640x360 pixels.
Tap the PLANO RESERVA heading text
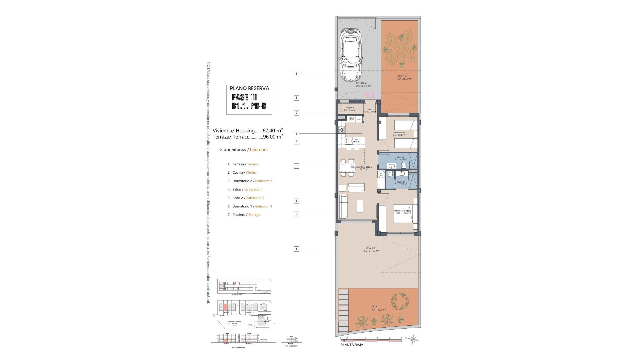pyautogui.click(x=249, y=88)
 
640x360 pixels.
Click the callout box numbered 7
pyautogui.click(x=296, y=113)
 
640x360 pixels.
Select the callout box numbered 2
pyautogui.click(x=296, y=133)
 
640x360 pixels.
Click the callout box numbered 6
pyautogui.click(x=296, y=214)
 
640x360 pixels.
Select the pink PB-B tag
pyautogui.click(x=370, y=95)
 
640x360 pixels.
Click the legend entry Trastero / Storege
pyautogui.click(x=244, y=215)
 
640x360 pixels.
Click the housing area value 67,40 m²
pyautogui.click(x=273, y=131)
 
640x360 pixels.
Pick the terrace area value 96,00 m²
pyautogui.click(x=273, y=137)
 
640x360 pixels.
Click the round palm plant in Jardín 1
pyautogui.click(x=400, y=301)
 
